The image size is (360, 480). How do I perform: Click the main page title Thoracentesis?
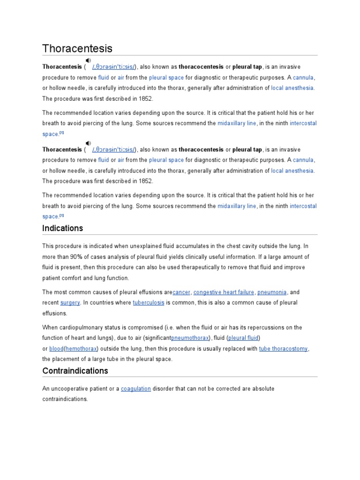coord(77,49)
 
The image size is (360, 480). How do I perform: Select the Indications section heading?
coord(62,228)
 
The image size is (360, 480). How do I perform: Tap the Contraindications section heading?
coord(75,371)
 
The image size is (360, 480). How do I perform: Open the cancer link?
coord(181,292)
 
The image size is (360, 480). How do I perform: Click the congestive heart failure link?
coord(224,292)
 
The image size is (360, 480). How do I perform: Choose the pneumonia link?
coord(272,292)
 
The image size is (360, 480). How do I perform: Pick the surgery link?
coord(70,303)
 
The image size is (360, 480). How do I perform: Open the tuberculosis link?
coord(149,303)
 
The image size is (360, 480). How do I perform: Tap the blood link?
coord(56,349)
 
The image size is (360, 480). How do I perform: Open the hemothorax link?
coord(80,349)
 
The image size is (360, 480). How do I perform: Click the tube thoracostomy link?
coord(284,349)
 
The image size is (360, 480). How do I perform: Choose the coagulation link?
coord(136,389)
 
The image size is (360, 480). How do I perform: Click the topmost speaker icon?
coord(88,60)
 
